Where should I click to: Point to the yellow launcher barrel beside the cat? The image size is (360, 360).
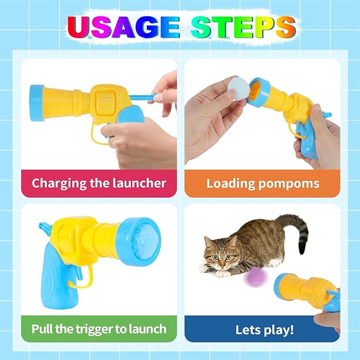(x=302, y=292)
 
